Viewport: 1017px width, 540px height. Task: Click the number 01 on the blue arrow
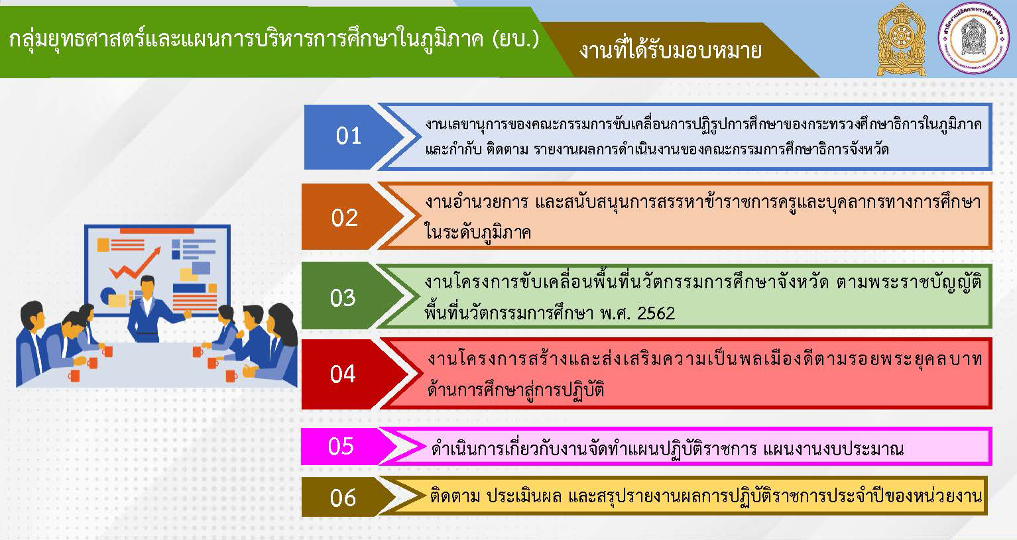point(348,136)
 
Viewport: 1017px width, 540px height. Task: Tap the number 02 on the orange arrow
point(345,218)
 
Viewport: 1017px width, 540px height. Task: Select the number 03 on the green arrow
point(343,298)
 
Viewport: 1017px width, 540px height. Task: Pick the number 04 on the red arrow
point(343,374)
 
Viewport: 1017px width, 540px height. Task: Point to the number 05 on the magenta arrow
point(341,446)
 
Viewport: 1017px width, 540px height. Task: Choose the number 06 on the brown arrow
point(343,498)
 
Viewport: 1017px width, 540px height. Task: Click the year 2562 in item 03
point(656,313)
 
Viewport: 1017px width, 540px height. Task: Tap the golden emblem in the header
point(902,39)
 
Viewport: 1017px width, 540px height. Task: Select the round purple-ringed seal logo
point(973,38)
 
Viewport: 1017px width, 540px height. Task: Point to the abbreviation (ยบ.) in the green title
point(515,40)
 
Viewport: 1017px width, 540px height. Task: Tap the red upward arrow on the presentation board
point(135,264)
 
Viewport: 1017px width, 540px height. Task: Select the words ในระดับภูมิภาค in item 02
point(477,232)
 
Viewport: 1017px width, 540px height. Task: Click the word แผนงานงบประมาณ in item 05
point(833,449)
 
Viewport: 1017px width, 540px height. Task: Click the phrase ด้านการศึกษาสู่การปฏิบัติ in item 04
point(516,390)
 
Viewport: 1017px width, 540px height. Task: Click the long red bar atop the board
point(157,231)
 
